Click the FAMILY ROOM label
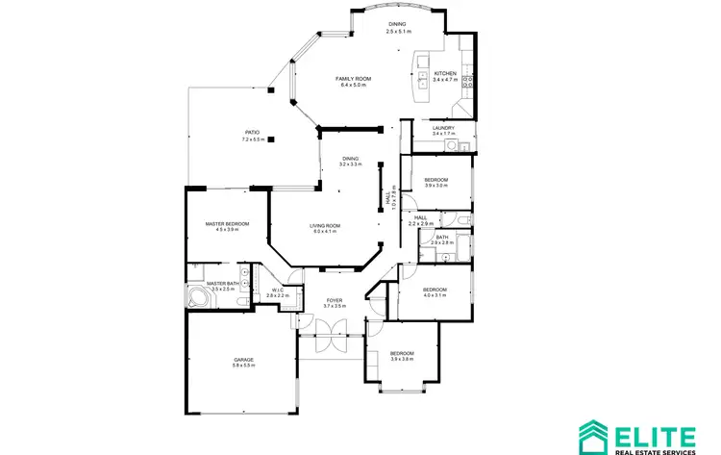(x=354, y=79)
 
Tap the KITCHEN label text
(x=445, y=73)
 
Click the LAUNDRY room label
(x=443, y=128)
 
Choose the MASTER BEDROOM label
(x=227, y=224)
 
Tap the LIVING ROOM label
(x=327, y=226)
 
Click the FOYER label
(x=334, y=300)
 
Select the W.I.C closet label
(x=277, y=290)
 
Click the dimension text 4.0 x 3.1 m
(x=435, y=295)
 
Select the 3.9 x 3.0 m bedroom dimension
(x=435, y=186)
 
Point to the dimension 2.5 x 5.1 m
(x=398, y=32)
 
